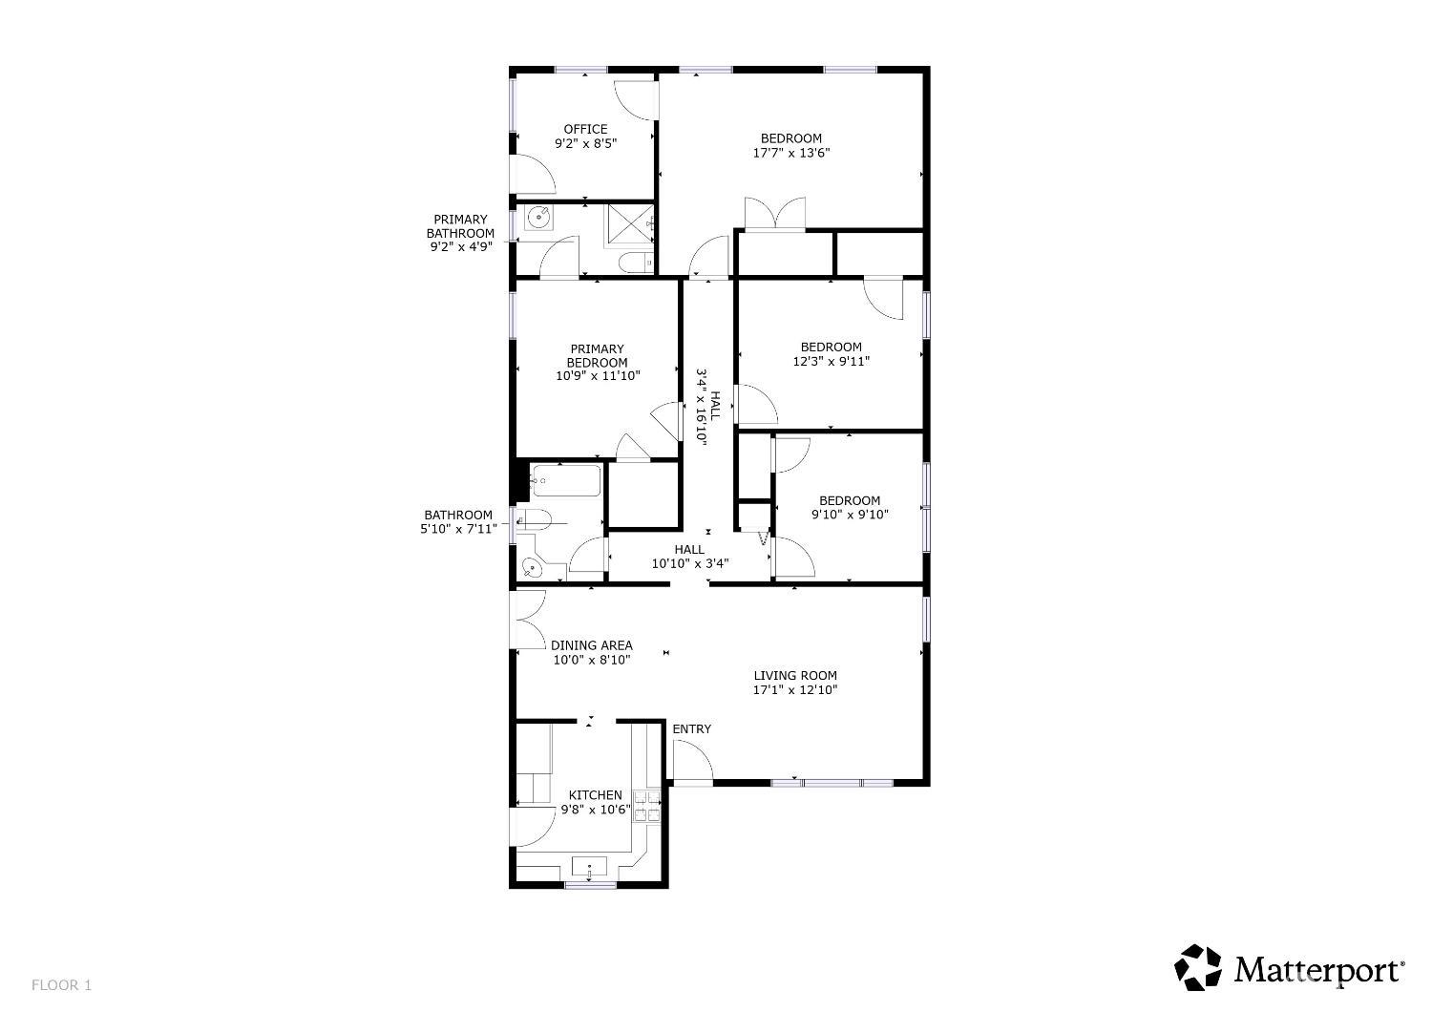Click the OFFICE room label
click(585, 129)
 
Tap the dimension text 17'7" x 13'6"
click(790, 153)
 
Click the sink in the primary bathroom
click(538, 218)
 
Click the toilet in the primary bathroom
click(637, 263)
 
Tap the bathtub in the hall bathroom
click(566, 481)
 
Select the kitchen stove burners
click(646, 807)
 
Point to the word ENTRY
click(692, 728)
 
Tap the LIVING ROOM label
click(795, 675)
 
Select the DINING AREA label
click(591, 645)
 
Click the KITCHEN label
click(595, 795)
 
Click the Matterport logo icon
click(1197, 967)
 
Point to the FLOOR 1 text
click(61, 985)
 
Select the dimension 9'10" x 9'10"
click(850, 515)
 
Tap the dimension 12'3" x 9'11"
click(832, 361)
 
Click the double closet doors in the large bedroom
click(775, 213)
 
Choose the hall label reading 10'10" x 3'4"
click(690, 564)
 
